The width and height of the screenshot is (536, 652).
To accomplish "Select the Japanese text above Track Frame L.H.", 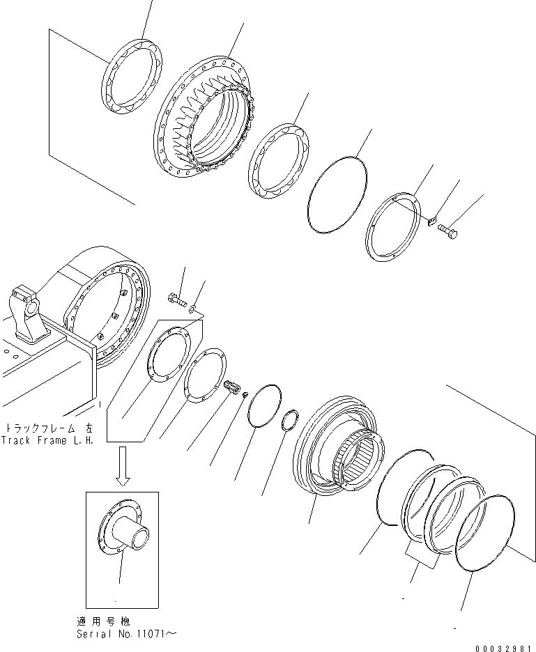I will point(49,428).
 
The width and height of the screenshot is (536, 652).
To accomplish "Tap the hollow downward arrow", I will point(123,467).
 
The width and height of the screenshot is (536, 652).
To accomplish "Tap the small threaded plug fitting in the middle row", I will point(233,386).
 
